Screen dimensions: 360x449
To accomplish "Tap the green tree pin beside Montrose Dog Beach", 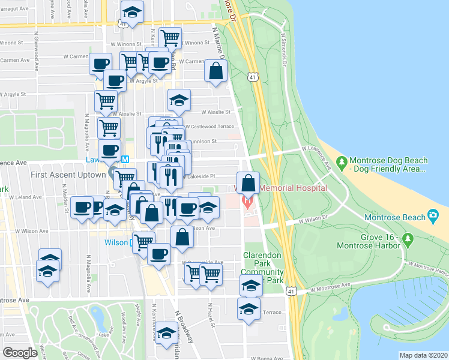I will [x=342, y=162].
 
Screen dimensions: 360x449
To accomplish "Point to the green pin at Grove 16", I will [x=409, y=240].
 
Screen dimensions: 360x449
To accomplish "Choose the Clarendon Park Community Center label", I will [x=262, y=268].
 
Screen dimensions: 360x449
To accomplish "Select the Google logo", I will [x=20, y=352].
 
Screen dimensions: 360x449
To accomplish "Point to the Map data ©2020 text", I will [x=423, y=355].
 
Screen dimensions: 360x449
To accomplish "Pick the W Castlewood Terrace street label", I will [x=209, y=127].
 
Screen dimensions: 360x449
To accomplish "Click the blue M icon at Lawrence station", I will [x=125, y=160].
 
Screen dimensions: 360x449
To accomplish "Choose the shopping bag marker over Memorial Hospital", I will [x=249, y=182].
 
